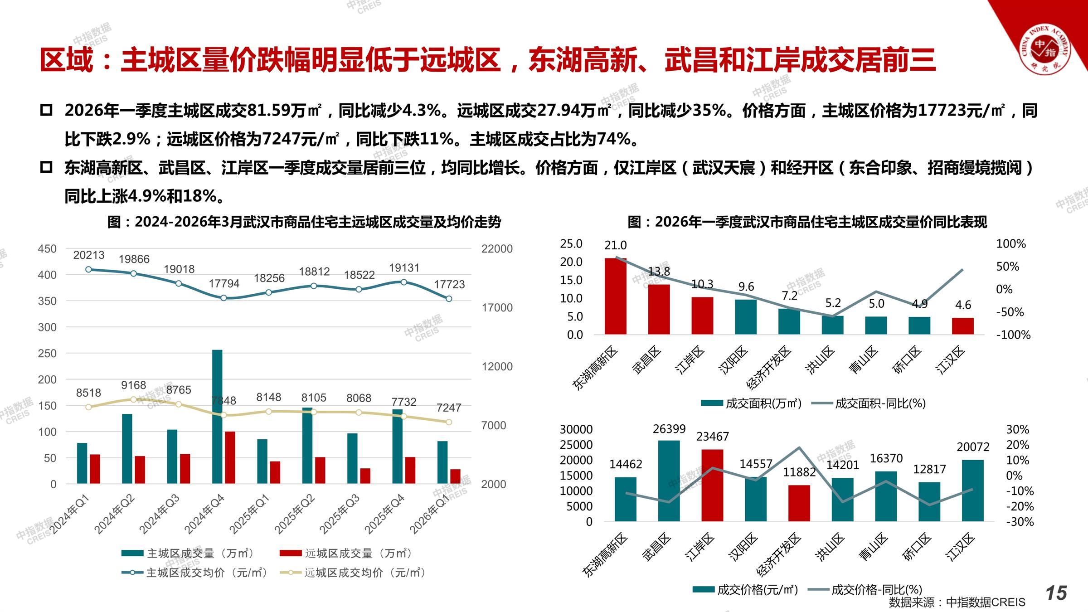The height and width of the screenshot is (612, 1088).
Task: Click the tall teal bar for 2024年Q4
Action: [217, 417]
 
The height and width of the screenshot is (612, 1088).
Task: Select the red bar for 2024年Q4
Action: [230, 457]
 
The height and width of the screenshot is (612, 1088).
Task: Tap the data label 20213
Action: [89, 255]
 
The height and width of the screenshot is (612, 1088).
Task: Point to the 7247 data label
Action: [449, 408]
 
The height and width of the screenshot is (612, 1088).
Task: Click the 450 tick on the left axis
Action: [47, 249]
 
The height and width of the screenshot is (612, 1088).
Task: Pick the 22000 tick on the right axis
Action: [497, 249]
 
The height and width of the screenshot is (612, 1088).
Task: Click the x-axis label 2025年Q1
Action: [250, 514]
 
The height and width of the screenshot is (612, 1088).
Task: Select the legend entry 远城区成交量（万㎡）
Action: [346, 553]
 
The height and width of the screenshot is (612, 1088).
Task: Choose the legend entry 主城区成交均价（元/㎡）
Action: [195, 573]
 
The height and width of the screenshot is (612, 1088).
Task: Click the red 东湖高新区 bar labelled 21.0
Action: [615, 296]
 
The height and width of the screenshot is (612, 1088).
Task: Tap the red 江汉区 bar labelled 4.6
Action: [962, 326]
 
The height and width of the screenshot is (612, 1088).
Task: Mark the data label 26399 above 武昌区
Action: [669, 429]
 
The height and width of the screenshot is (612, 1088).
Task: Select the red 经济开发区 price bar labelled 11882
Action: [799, 503]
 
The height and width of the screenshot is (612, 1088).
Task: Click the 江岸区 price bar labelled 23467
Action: [712, 486]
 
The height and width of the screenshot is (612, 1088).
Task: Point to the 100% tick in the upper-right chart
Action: [1010, 244]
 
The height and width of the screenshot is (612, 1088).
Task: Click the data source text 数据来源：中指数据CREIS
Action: [957, 602]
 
